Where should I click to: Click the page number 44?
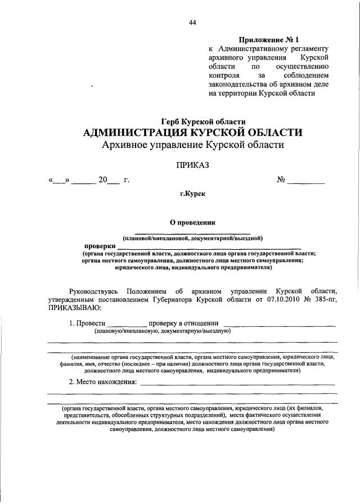192,22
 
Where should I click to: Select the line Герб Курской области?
203,121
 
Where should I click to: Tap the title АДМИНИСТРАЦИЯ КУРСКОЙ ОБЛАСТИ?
192,133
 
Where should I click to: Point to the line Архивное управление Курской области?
193,145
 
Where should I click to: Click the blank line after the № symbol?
307,182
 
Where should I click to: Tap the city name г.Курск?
192,194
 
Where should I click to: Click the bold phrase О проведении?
193,222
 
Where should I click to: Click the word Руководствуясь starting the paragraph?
93,291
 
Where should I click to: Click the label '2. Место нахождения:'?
103,382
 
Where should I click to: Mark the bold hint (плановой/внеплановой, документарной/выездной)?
192,238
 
